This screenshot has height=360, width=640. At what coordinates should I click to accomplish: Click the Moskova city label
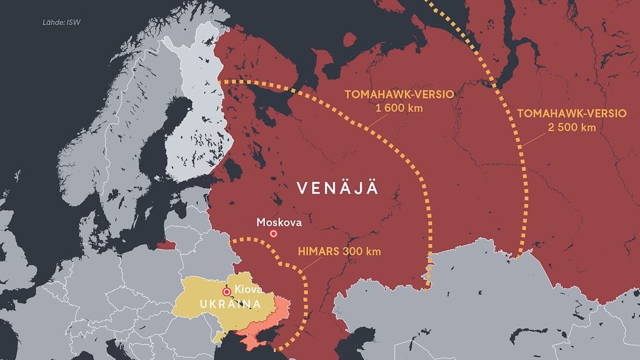click(x=279, y=222)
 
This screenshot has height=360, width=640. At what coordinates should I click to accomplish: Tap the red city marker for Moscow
click(x=273, y=234)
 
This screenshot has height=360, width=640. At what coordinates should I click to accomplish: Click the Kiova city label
click(x=248, y=290)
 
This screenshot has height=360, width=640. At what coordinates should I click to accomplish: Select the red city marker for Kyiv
click(x=227, y=291)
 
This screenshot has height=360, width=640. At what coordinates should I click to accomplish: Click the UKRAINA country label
click(x=222, y=304)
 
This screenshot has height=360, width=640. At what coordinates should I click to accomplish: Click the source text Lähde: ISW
click(x=61, y=23)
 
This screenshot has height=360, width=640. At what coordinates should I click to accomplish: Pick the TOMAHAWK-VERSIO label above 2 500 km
click(x=571, y=113)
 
